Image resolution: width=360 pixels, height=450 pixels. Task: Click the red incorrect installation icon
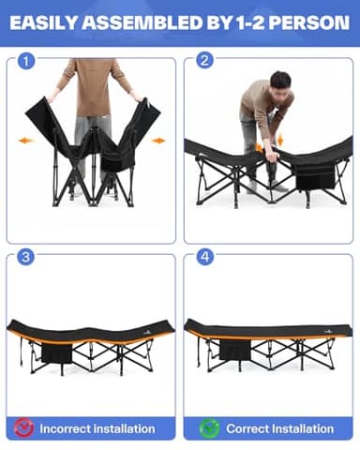pos(25,427)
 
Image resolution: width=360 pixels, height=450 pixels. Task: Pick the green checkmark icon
pos(210,427)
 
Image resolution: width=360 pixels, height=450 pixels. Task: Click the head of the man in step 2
pos(280,80)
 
